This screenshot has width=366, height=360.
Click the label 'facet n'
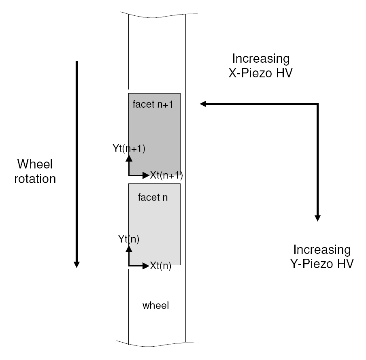coord(153,198)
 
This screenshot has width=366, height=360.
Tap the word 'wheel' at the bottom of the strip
coord(155,306)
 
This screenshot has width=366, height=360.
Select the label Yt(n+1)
coord(129,148)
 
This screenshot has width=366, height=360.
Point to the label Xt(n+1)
coord(166,175)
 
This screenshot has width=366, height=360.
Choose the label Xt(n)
coord(161,266)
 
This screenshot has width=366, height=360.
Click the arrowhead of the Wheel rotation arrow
coord(76,264)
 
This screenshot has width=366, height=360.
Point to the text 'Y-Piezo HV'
coord(322,264)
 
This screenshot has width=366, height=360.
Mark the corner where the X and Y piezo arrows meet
coord(318,104)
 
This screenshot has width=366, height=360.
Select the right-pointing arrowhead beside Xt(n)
coord(146,266)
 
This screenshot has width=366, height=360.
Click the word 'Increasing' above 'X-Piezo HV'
coord(260,59)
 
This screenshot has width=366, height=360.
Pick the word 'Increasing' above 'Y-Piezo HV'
coord(322,249)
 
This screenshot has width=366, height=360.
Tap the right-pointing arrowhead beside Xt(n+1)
coord(146,175)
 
